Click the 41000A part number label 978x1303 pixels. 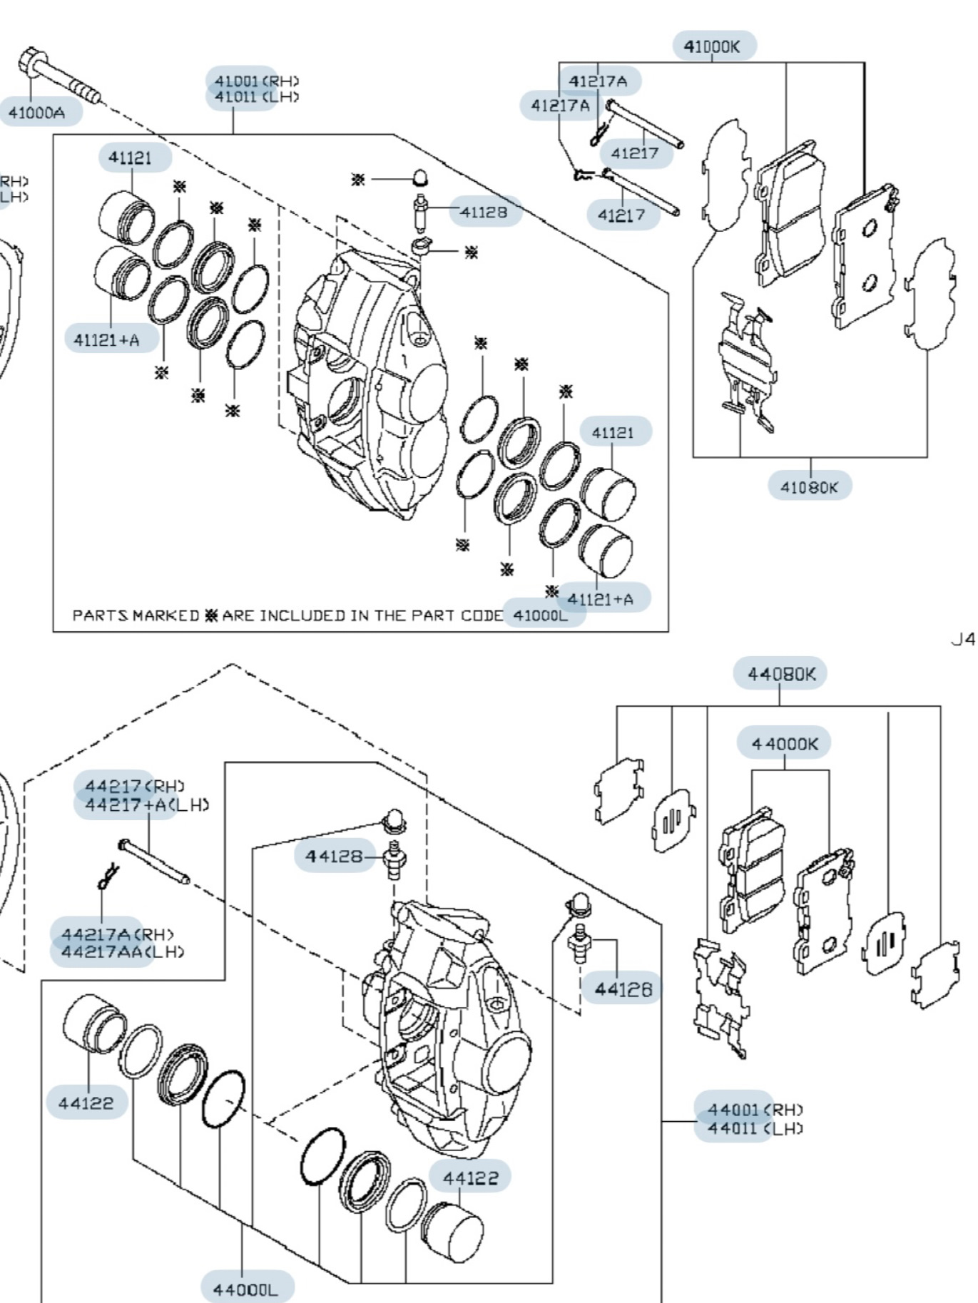36,112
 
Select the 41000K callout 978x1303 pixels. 712,46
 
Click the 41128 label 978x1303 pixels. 483,211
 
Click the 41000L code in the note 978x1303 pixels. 541,615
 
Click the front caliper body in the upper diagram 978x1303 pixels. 367,378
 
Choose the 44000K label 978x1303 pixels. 785,743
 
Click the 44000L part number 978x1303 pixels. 244,1289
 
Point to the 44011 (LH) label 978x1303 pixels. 755,1128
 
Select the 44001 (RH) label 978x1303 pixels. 755,1110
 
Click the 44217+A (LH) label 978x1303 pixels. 147,804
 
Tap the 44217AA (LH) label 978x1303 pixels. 122,951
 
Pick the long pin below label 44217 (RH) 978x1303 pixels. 153,861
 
